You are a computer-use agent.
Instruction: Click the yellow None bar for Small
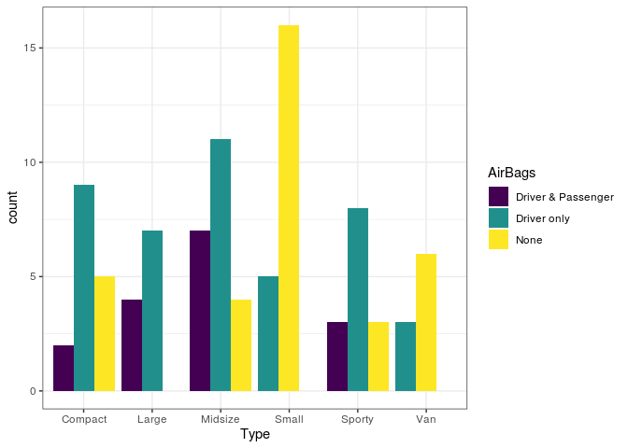click(289, 208)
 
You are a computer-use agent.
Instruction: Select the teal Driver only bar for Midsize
click(221, 265)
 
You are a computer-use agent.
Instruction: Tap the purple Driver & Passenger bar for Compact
click(64, 368)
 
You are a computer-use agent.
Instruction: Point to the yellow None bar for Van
click(426, 322)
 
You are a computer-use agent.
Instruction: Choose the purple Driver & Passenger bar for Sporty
click(337, 357)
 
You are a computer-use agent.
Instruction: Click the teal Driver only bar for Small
click(268, 333)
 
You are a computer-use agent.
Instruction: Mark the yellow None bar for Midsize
click(241, 345)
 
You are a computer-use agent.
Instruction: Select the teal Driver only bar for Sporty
click(358, 300)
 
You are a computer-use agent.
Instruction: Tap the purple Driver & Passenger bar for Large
click(132, 345)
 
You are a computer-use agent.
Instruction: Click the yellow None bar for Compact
click(105, 333)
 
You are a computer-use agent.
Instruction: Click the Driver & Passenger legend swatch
click(498, 197)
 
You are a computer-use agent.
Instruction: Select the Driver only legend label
click(542, 218)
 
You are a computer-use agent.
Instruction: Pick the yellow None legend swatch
click(498, 240)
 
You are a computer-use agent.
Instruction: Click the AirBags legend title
click(511, 173)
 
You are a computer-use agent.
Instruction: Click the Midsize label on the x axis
click(221, 419)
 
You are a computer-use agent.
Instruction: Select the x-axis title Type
click(255, 435)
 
